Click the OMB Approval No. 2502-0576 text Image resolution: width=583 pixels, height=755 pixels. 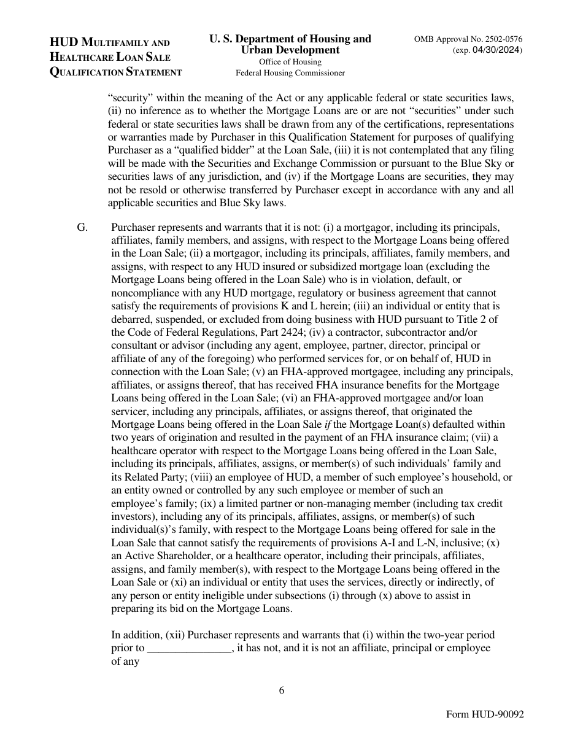point(468,39)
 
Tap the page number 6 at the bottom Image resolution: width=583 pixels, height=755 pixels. point(282,690)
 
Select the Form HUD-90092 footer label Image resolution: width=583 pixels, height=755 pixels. point(485,715)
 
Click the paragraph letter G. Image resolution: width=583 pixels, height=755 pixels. point(83,226)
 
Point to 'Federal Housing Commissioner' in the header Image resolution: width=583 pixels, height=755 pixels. point(290,72)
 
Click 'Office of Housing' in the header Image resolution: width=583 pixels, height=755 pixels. point(290,61)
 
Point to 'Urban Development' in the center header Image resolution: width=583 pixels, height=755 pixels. point(290,50)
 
